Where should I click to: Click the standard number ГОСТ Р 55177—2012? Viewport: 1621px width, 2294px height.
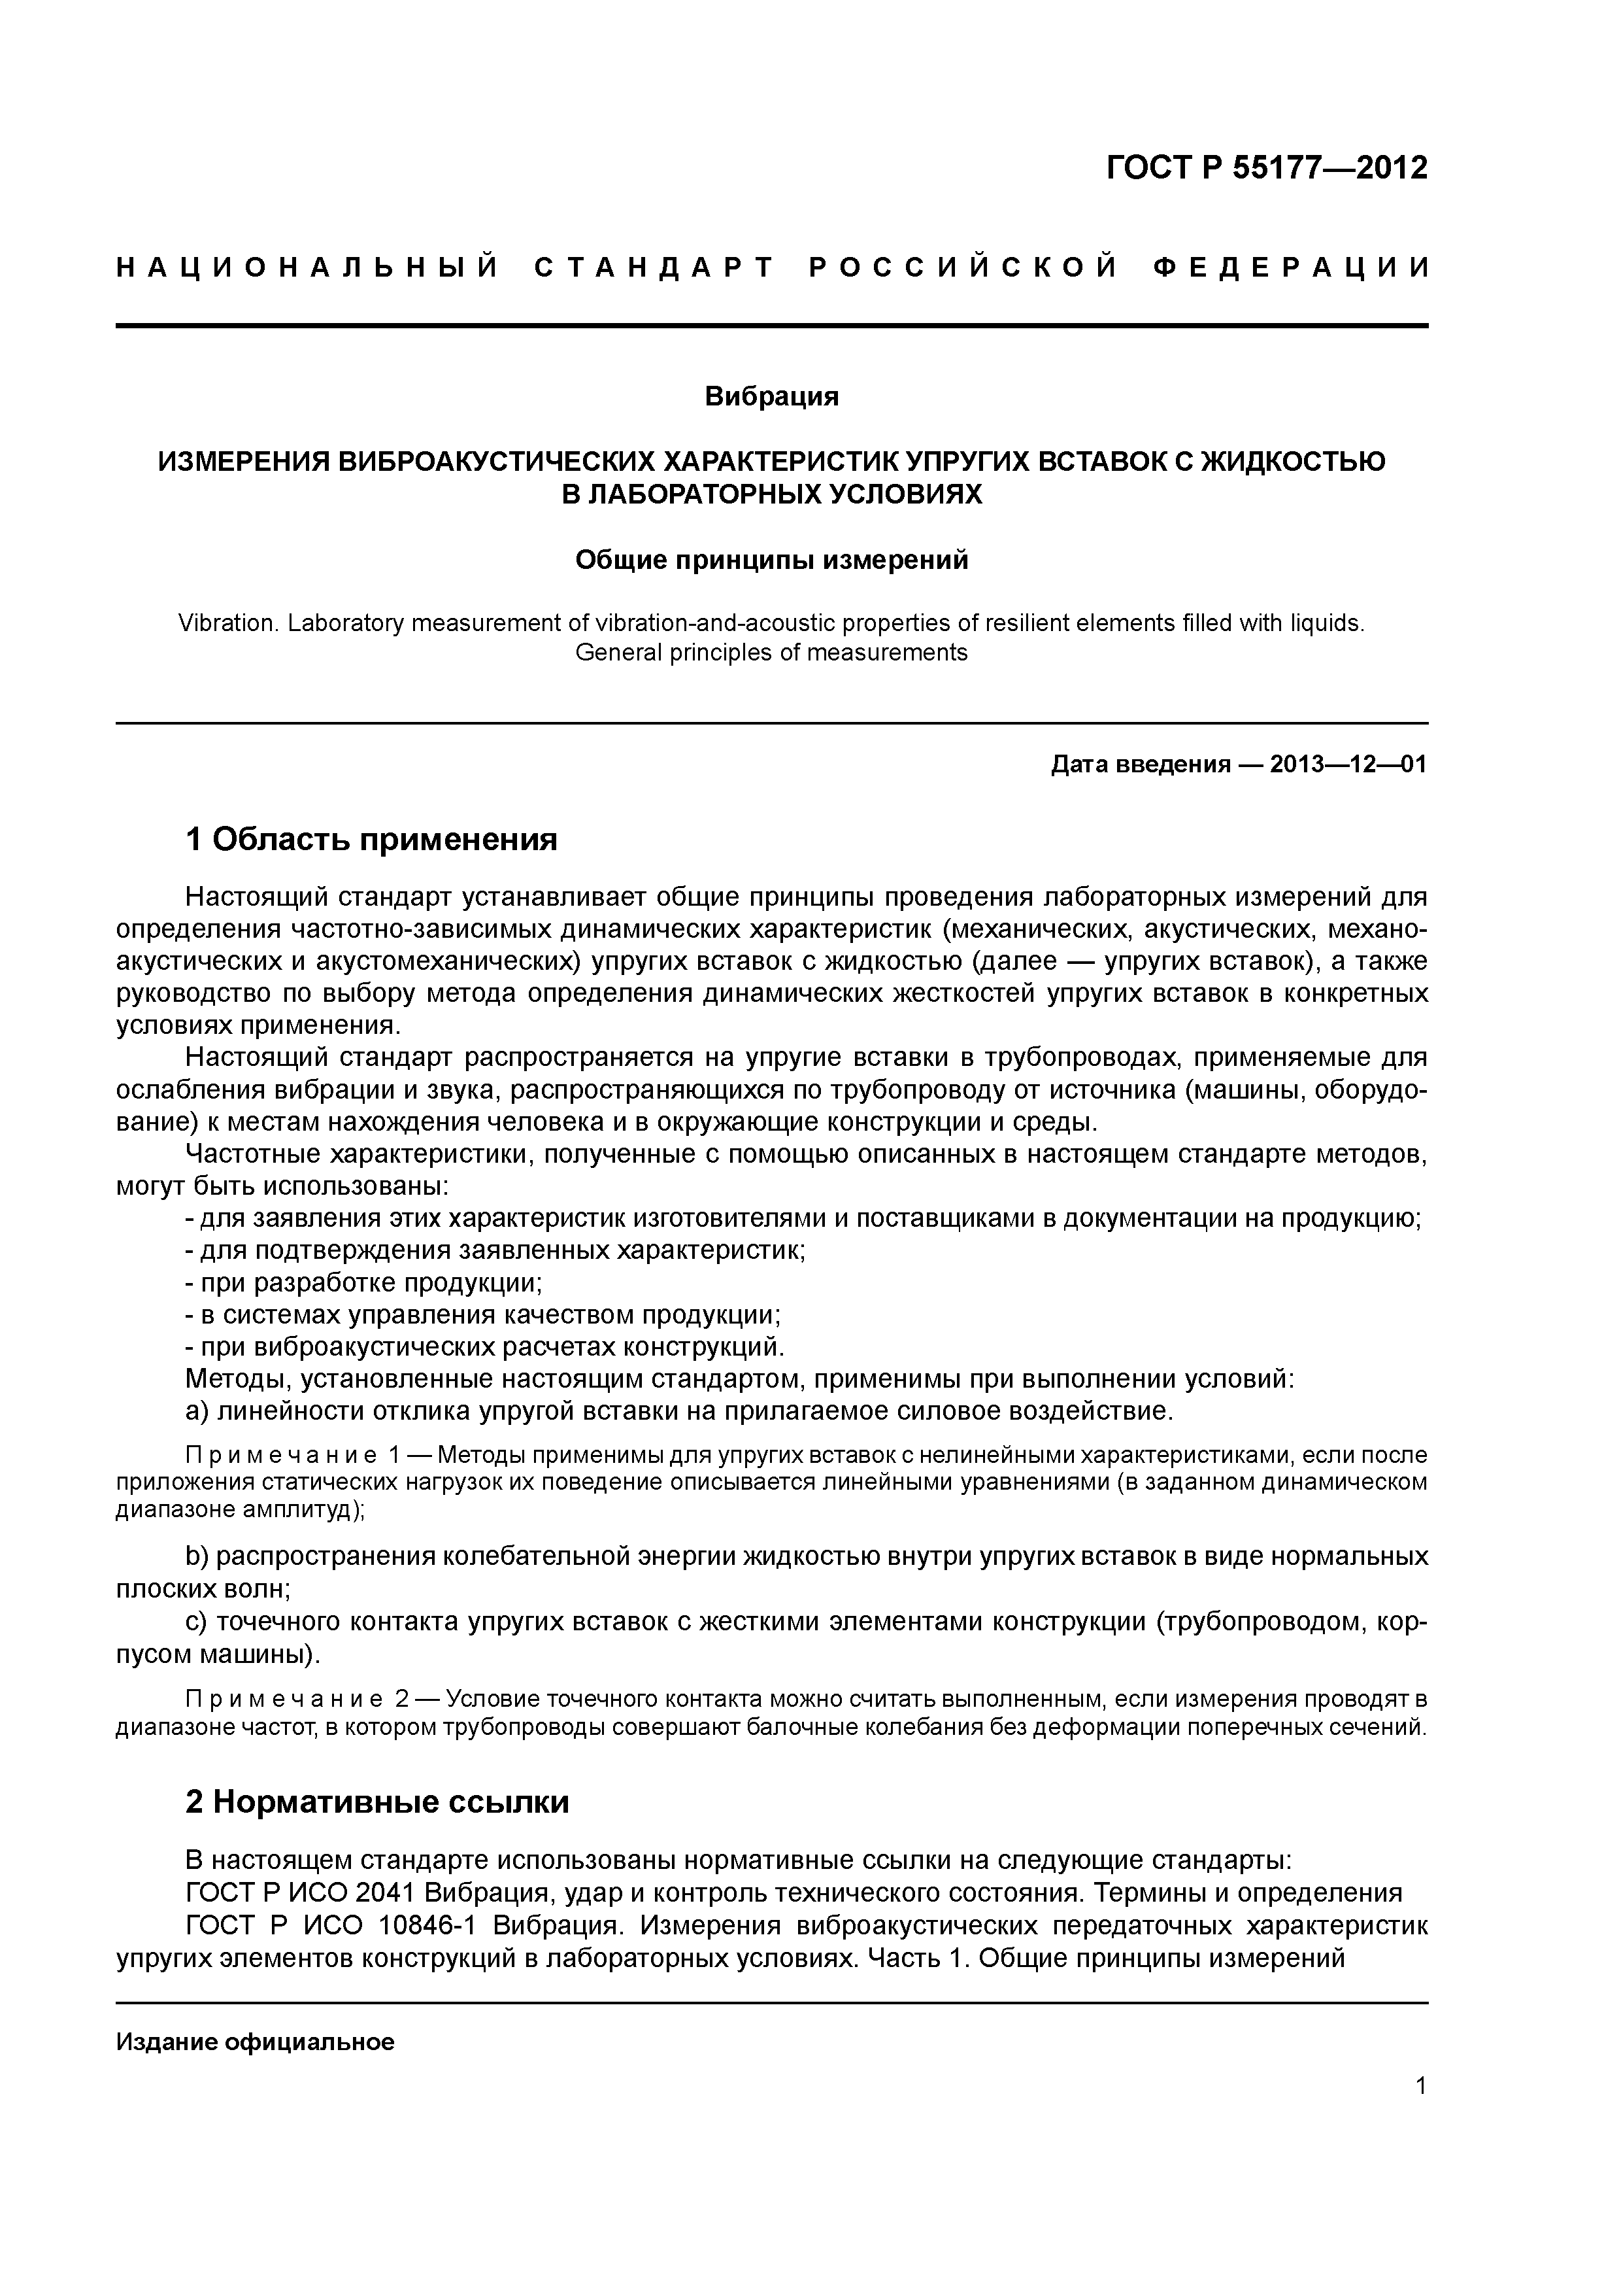pos(1267,167)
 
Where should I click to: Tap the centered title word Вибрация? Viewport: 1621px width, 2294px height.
pos(771,397)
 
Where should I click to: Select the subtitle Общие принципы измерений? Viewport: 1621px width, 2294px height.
pos(771,560)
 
